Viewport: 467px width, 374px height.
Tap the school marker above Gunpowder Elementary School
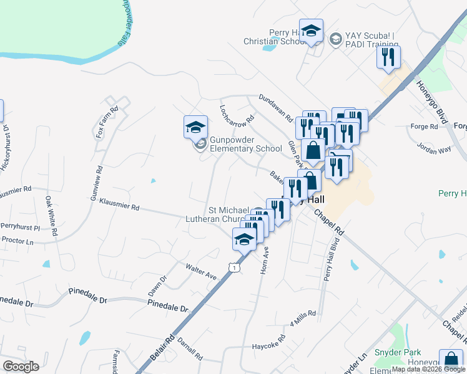click(195, 127)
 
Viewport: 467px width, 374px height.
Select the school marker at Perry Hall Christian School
click(311, 31)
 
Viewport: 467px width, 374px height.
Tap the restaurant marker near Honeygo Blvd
click(388, 58)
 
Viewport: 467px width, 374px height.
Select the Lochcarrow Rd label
click(237, 113)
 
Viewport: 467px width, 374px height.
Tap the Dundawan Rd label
click(275, 107)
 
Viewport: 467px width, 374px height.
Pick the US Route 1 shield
click(233, 267)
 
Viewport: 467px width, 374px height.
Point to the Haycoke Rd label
click(268, 342)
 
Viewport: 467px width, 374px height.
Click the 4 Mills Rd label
click(303, 318)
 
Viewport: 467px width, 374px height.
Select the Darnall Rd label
click(189, 349)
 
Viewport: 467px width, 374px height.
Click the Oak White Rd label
click(51, 216)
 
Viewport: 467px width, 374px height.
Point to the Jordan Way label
click(435, 149)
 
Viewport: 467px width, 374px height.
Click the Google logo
click(20, 366)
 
